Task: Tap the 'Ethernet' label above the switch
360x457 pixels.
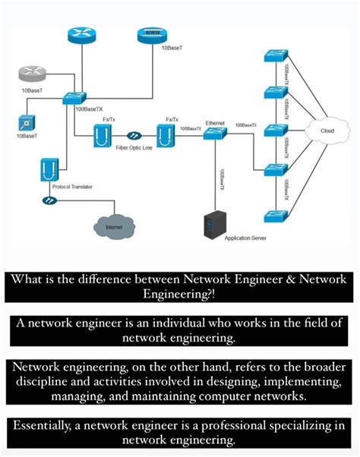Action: click(216, 121)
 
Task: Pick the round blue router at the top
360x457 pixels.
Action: click(79, 35)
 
